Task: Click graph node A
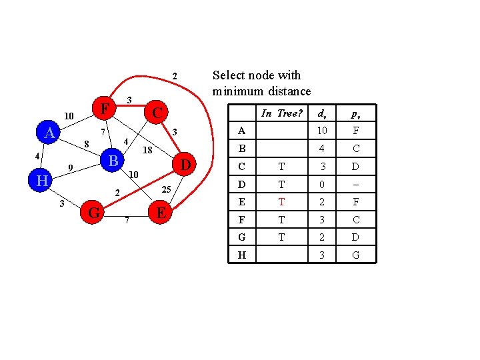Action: coord(49,133)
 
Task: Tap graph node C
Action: coord(157,111)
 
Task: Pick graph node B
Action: coord(113,161)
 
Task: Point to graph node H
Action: coord(41,180)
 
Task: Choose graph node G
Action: coord(94,213)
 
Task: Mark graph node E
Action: coord(161,213)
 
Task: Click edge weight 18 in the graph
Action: coord(148,150)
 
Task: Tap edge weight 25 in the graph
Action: coord(167,191)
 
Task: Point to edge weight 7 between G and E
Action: coord(127,220)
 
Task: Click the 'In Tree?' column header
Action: coord(281,113)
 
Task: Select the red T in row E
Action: coord(281,201)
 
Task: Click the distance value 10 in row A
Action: coord(321,131)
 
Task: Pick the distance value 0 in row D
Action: coord(321,184)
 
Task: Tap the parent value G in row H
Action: coord(356,255)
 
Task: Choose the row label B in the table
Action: coord(241,149)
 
